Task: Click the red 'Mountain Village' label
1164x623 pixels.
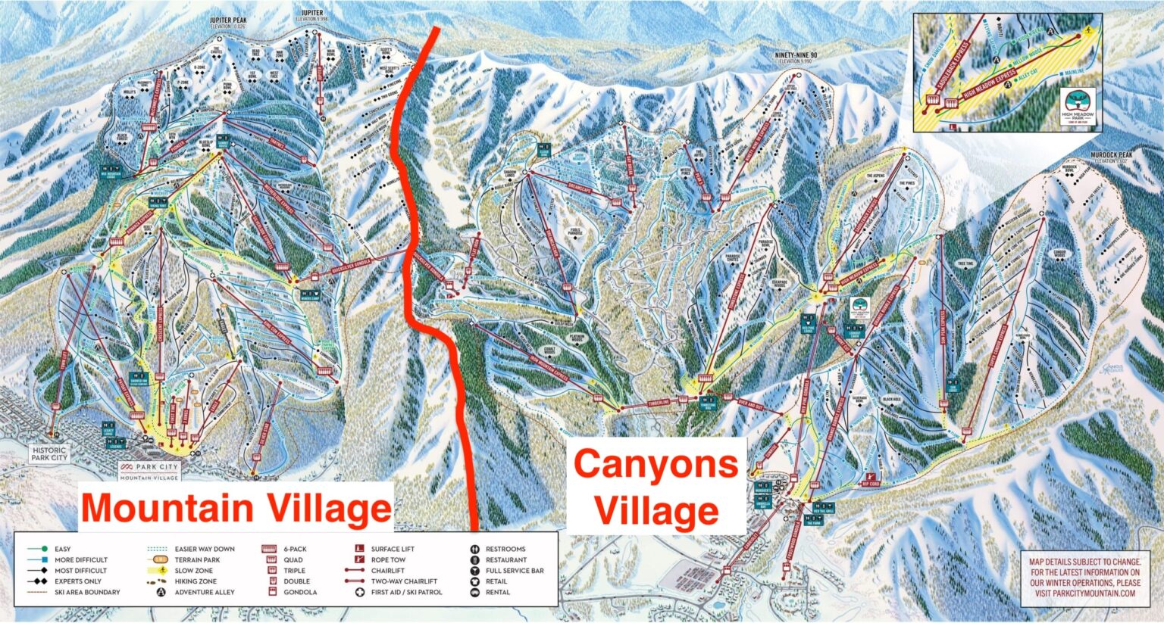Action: tap(236, 507)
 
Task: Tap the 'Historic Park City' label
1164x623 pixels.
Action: tap(49, 453)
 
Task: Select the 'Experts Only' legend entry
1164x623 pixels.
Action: tap(77, 581)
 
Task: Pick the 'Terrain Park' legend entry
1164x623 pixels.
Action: tap(196, 559)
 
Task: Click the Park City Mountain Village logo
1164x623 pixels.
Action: tap(149, 471)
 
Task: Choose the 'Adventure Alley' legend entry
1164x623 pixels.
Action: tap(204, 592)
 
